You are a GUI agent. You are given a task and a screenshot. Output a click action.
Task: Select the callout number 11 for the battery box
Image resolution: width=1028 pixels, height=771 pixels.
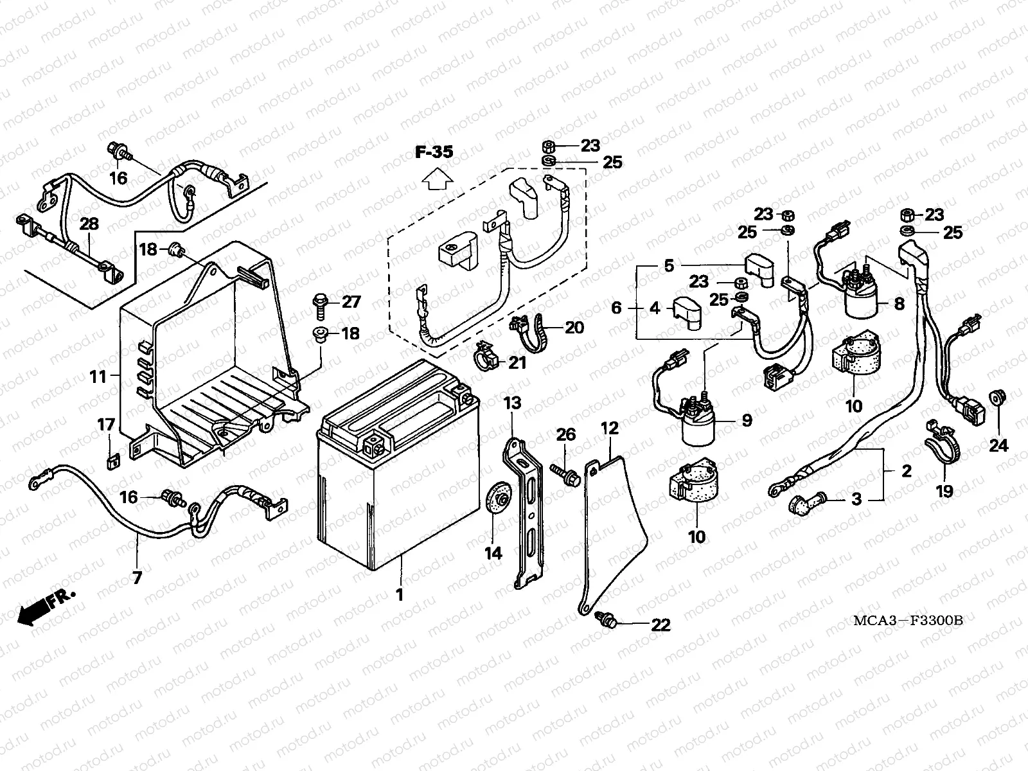pyautogui.click(x=98, y=376)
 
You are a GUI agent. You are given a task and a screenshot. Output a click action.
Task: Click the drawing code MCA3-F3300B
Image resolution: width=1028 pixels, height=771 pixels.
pyautogui.click(x=907, y=621)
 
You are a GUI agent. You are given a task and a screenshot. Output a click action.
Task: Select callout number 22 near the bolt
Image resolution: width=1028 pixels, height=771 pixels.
pyautogui.click(x=660, y=625)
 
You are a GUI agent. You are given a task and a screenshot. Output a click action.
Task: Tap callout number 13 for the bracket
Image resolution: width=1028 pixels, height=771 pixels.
pyautogui.click(x=512, y=404)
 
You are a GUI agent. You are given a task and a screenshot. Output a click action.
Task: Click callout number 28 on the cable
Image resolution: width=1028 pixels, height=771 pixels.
pyautogui.click(x=89, y=224)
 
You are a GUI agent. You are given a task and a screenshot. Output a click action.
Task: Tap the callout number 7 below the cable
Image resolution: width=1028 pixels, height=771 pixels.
pyautogui.click(x=137, y=577)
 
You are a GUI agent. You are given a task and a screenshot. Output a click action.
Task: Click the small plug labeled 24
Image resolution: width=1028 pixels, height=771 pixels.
pyautogui.click(x=998, y=398)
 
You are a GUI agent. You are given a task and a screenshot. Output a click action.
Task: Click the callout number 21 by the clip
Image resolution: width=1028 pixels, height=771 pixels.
pyautogui.click(x=517, y=363)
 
